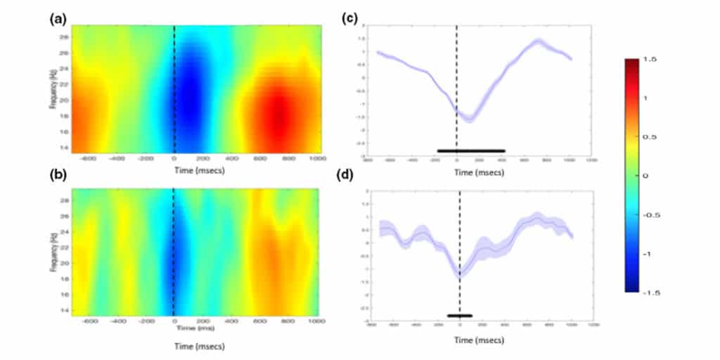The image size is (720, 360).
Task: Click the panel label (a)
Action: pos(57,19)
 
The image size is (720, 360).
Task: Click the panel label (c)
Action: pos(351,19)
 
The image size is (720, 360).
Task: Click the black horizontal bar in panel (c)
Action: pos(470,150)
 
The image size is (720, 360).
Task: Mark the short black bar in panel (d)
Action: pos(460,316)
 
